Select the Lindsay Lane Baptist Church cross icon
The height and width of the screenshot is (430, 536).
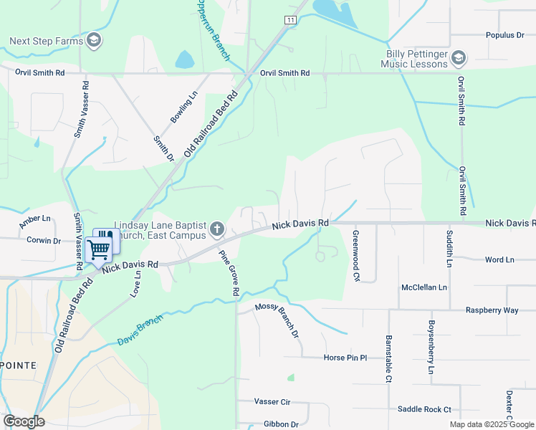tap(217, 230)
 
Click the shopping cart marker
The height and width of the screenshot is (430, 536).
tap(99, 250)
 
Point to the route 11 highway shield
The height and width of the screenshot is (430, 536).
tap(289, 20)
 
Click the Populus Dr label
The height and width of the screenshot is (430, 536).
tap(505, 34)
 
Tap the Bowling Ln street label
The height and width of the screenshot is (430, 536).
tap(183, 109)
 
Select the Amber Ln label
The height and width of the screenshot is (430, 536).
tap(35, 222)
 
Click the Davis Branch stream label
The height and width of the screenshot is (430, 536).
tap(140, 332)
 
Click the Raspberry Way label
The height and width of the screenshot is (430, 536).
tap(492, 310)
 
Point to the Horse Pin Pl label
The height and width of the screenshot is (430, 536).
tap(345, 357)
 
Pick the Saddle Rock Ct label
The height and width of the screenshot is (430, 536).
tap(424, 409)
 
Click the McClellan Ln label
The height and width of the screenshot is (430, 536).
tap(424, 287)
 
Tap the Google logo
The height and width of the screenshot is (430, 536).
tap(24, 421)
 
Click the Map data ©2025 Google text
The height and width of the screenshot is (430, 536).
tap(492, 424)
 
